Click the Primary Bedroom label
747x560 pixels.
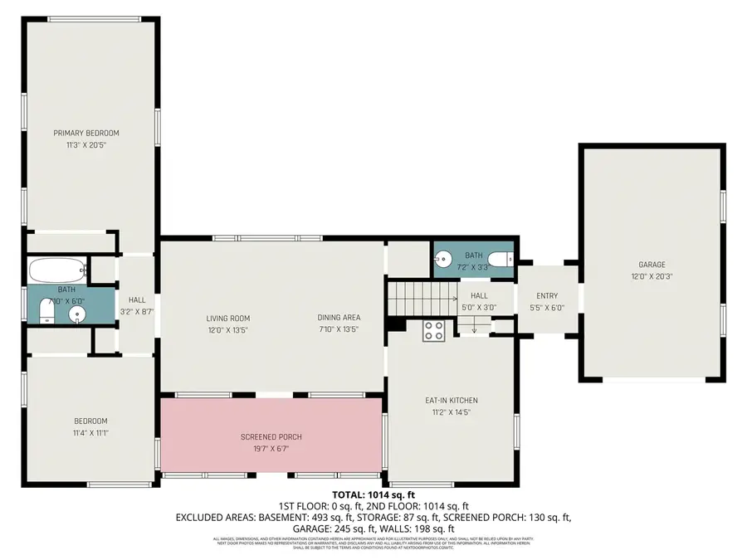point(86,133)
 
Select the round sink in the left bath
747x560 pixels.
point(77,314)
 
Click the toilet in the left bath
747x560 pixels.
point(46,312)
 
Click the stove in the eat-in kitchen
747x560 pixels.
point(434,331)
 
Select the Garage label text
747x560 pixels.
point(652,265)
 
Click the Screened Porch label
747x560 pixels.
point(271,437)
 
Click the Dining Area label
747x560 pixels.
point(339,318)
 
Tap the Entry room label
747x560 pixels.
point(547,296)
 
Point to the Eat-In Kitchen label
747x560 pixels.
point(451,401)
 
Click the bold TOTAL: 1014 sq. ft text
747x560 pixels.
point(373,494)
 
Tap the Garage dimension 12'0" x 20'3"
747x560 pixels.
point(652,276)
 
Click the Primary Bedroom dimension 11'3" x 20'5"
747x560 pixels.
point(86,145)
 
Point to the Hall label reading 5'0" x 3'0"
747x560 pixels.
point(479,307)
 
